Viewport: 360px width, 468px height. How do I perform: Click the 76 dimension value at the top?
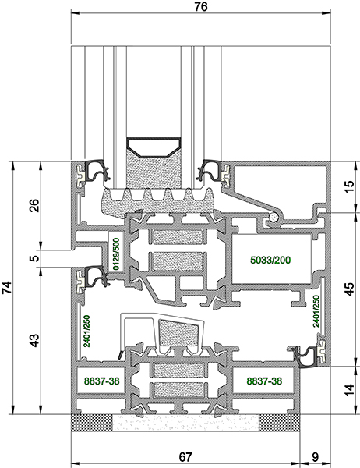[200, 7]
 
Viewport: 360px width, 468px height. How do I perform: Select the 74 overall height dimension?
[7, 287]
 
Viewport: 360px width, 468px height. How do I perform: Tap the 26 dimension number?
[34, 205]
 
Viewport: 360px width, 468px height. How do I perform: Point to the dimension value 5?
[35, 258]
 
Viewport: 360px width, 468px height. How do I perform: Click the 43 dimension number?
[34, 341]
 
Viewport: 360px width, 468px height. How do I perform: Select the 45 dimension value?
[350, 289]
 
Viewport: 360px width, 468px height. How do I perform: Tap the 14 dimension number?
[350, 390]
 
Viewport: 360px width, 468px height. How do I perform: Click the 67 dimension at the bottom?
[185, 457]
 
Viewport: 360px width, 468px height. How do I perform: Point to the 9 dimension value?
[315, 457]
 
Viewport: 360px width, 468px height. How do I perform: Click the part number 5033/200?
[270, 260]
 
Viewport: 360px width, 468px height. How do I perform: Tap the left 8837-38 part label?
[102, 381]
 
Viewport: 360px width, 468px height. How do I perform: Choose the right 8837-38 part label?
[264, 381]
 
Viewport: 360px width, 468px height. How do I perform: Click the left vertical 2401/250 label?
[86, 331]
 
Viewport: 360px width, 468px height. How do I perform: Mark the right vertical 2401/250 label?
[316, 311]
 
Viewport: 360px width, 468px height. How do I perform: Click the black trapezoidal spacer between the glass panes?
[154, 147]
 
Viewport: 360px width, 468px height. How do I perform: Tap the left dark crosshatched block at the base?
[92, 423]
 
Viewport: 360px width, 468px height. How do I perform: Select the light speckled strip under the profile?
[185, 423]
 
